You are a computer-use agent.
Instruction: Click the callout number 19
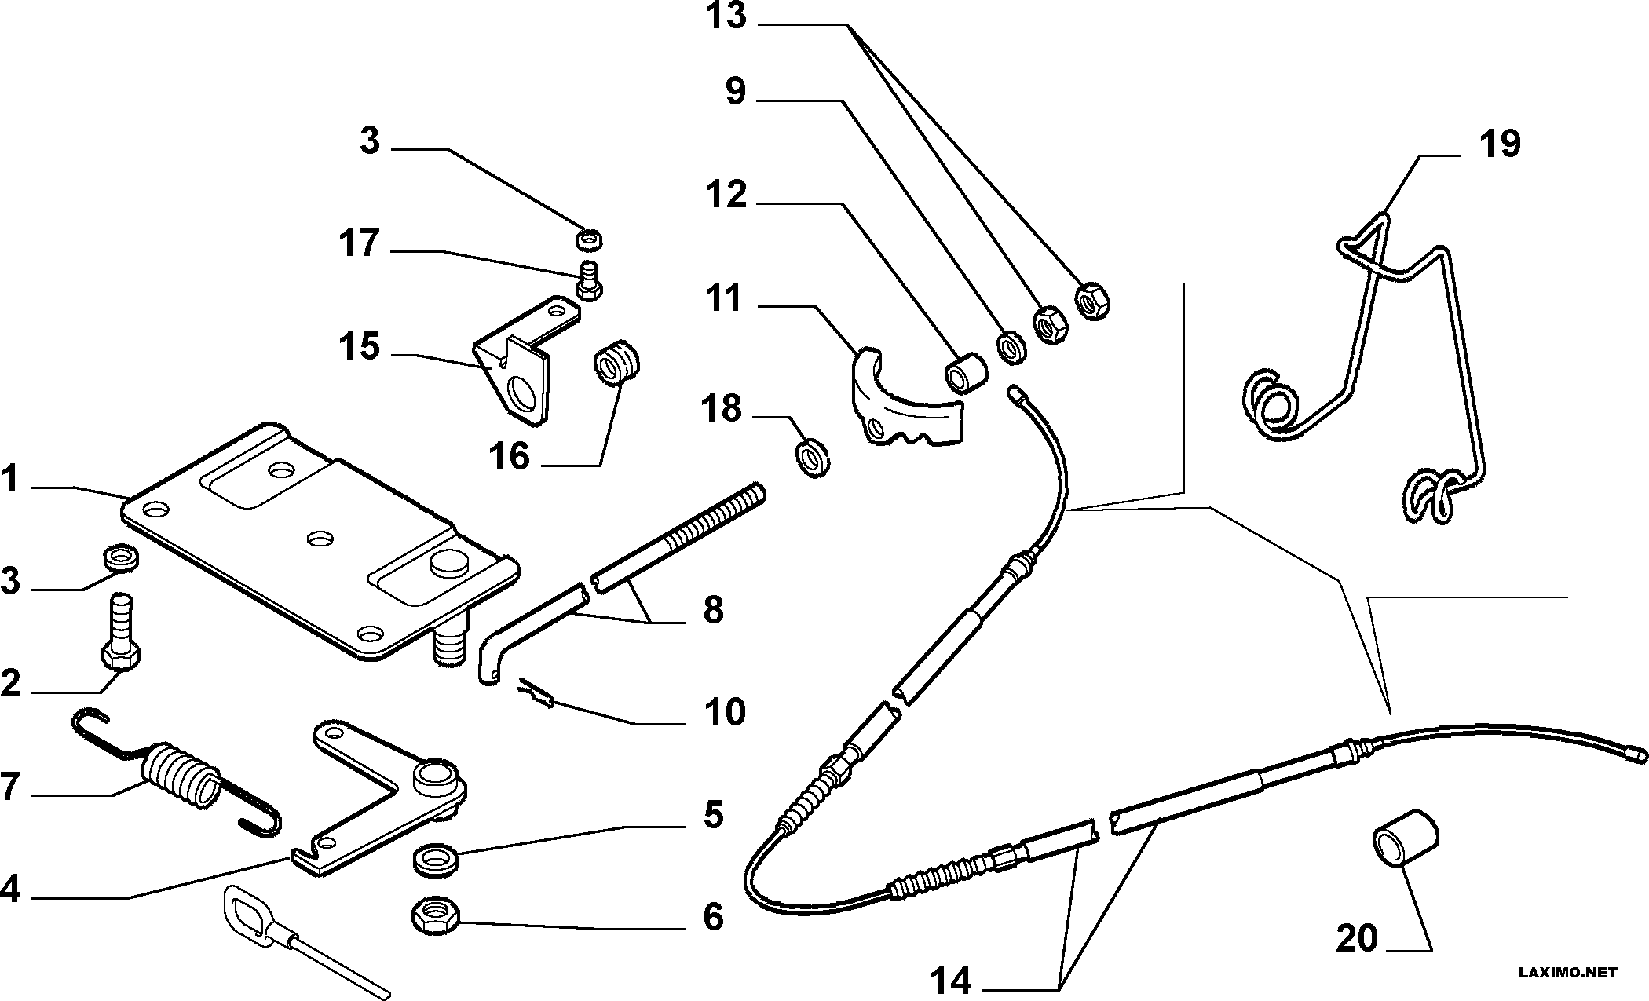[1500, 144]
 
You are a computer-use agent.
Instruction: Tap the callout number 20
[1357, 938]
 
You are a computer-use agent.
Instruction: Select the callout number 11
[724, 299]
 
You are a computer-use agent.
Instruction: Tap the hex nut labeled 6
[436, 916]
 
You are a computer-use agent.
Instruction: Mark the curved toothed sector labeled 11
[907, 403]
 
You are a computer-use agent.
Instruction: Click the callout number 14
[952, 981]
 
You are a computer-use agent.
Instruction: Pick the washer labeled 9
[1011, 348]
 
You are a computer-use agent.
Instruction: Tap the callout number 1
[10, 479]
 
